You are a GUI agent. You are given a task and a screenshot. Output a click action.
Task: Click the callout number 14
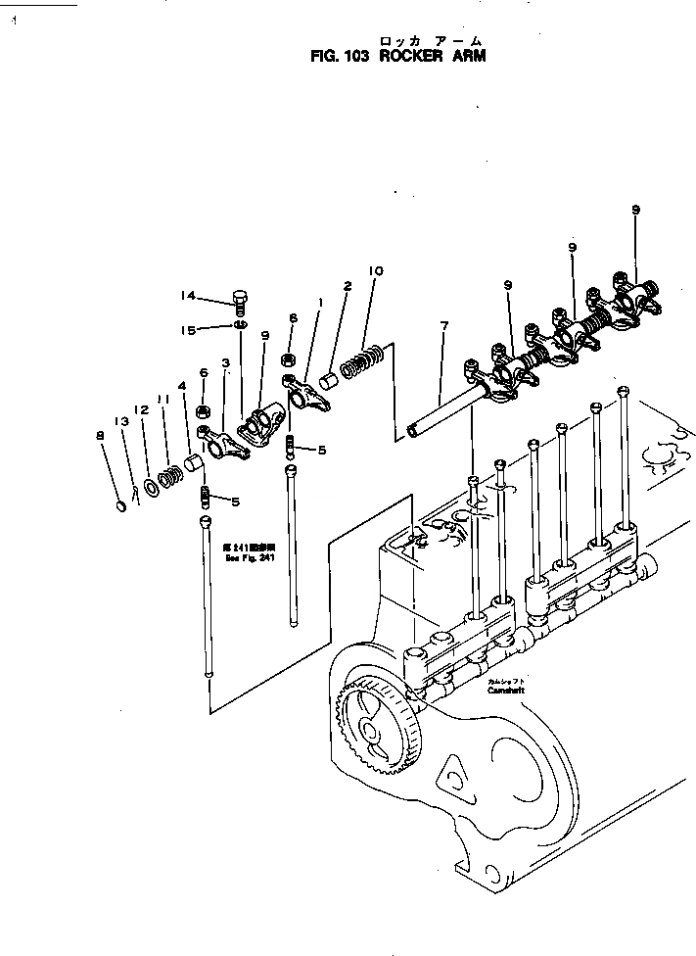pyautogui.click(x=188, y=296)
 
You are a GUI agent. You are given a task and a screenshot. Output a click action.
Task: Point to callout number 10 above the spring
pyautogui.click(x=376, y=271)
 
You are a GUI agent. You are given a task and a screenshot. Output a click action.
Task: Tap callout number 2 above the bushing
pyautogui.click(x=347, y=287)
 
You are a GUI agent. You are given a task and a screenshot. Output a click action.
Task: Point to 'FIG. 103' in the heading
pyautogui.click(x=338, y=57)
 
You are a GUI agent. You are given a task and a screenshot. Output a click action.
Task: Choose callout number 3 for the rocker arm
pyautogui.click(x=225, y=362)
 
